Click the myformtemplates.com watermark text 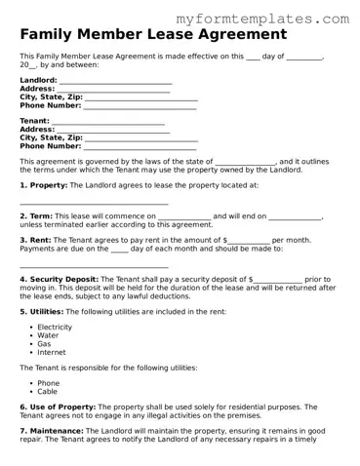point(276,19)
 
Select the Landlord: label point(38,80)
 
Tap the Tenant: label point(35,121)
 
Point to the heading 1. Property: point(43,184)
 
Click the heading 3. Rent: point(36,240)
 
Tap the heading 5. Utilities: point(41,311)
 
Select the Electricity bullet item point(55,328)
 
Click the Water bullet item point(48,335)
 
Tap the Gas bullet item point(44,344)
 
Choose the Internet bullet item point(52,352)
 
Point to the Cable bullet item point(47,392)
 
